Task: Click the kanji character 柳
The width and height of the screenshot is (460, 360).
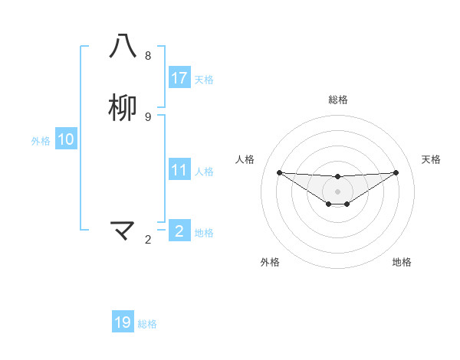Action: coord(123,108)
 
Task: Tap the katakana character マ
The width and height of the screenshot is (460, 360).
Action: coord(123,230)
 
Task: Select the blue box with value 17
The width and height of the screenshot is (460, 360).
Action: coord(179,78)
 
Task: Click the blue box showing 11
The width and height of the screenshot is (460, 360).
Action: coord(179,170)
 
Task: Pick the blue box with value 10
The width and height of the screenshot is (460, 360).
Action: coord(66,139)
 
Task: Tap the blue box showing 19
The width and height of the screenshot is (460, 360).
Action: coord(123,322)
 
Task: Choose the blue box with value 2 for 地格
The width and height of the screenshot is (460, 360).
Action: coord(179,231)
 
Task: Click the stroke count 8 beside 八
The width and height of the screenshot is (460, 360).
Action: coord(148,56)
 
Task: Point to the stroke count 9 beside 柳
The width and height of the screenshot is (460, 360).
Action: coord(148,116)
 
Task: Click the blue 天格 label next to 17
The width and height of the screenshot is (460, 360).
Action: coord(204,80)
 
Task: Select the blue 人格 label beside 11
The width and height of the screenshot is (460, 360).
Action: coord(204,172)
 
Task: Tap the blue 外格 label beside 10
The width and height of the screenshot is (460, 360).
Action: coord(41,141)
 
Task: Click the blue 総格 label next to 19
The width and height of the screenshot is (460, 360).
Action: coord(147,324)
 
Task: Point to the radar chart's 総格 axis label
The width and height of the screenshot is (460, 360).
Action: coord(338,100)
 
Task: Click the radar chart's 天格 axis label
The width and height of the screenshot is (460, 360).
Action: coord(432,159)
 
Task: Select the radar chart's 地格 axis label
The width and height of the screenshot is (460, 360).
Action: coord(402,262)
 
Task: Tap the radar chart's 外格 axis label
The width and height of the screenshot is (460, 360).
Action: coord(270,262)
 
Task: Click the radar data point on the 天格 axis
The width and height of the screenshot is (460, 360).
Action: coord(396,172)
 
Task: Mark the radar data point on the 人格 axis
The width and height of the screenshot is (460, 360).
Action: coord(279,172)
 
